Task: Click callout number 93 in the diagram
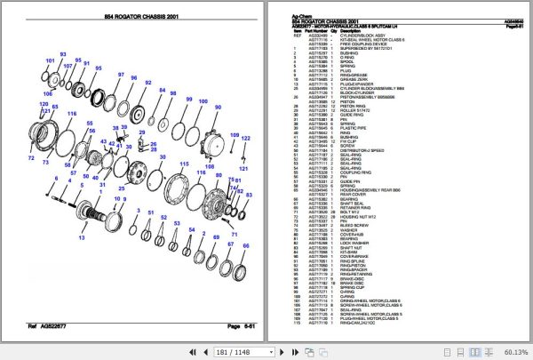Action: pyautogui.click(x=63, y=54)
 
